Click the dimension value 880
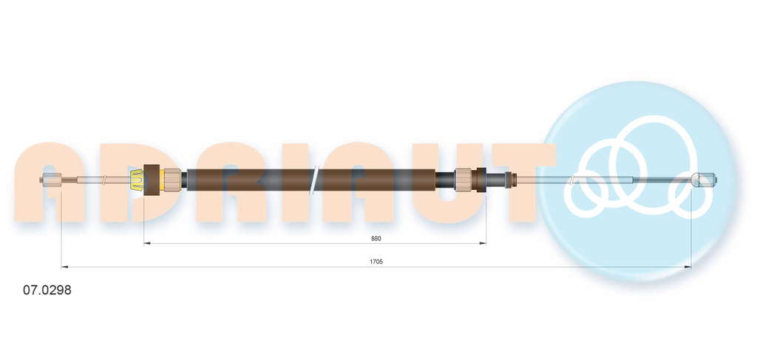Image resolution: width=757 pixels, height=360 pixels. (376, 238)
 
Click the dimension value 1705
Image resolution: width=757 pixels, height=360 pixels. (376, 262)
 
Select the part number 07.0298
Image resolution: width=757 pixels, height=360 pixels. (47, 290)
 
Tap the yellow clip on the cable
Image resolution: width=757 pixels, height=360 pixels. (137, 180)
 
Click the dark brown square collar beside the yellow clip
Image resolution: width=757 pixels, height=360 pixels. (152, 180)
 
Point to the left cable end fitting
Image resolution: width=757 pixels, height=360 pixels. (51, 180)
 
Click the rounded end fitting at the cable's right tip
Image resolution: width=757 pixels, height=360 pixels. (704, 180)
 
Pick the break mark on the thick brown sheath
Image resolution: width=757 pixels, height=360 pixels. (313, 180)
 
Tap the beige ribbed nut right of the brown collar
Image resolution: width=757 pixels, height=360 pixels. (172, 180)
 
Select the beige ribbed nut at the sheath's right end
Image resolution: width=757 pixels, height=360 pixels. (463, 180)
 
